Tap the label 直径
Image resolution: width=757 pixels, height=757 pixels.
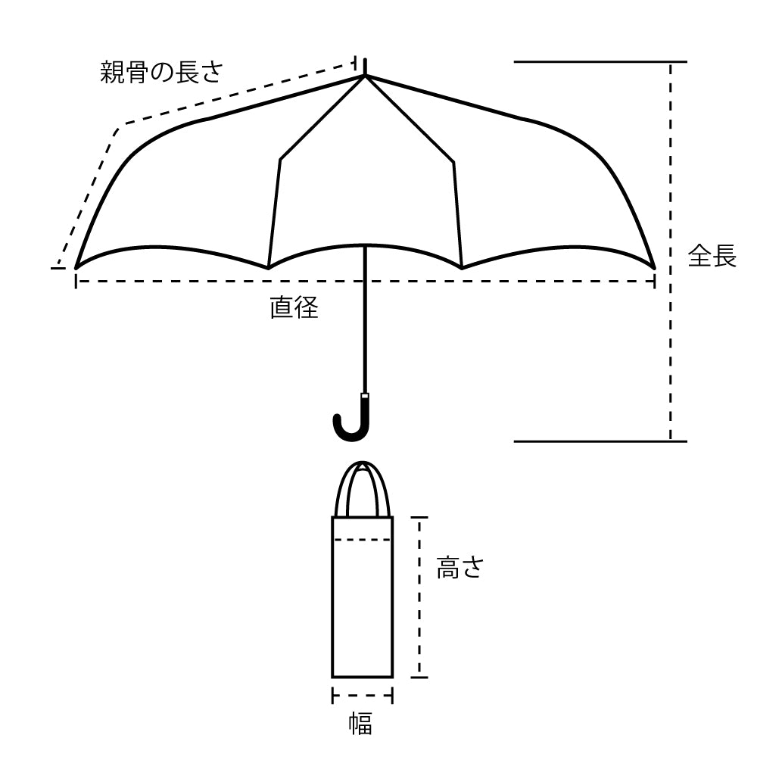pyautogui.click(x=294, y=307)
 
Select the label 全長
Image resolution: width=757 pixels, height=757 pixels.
pyautogui.click(x=712, y=255)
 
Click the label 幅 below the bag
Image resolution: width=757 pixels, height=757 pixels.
pyautogui.click(x=361, y=724)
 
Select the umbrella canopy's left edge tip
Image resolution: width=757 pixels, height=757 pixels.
pyautogui.click(x=76, y=268)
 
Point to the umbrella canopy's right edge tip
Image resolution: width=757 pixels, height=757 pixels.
pyautogui.click(x=655, y=267)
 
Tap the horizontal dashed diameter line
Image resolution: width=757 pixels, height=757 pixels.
pyautogui.click(x=365, y=281)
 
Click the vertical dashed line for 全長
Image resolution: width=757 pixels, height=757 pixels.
pyautogui.click(x=670, y=251)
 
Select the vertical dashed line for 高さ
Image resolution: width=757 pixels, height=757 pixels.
pyautogui.click(x=419, y=597)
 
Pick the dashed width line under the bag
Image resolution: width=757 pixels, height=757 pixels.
pyautogui.click(x=362, y=696)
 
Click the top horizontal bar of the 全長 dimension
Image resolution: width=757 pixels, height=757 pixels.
pyautogui.click(x=600, y=62)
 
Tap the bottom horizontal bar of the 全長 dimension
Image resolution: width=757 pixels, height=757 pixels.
pyautogui.click(x=600, y=441)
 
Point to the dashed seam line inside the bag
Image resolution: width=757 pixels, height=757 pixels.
pyautogui.click(x=362, y=540)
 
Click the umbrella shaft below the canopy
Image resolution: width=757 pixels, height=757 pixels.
pyautogui.click(x=365, y=319)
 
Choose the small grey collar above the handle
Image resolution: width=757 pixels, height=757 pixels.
pyautogui.click(x=366, y=396)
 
